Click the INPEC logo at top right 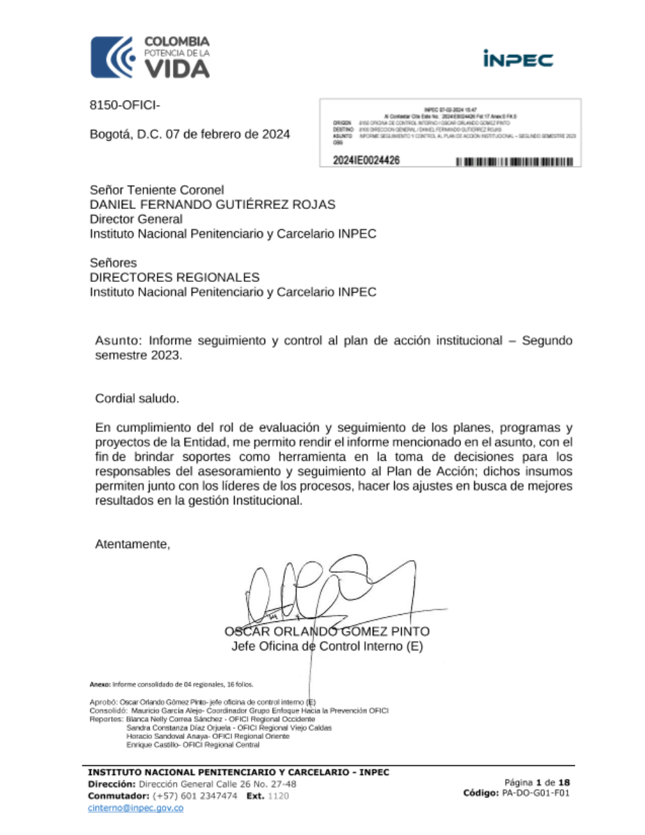pyautogui.click(x=518, y=59)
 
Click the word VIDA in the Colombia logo pyautogui.click(x=176, y=68)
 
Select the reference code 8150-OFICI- pyautogui.click(x=124, y=105)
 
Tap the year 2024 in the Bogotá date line pyautogui.click(x=276, y=134)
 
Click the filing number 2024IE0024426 pyautogui.click(x=366, y=160)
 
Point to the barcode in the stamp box pyautogui.click(x=514, y=161)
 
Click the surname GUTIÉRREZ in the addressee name pyautogui.click(x=250, y=205)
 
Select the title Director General pyautogui.click(x=136, y=219)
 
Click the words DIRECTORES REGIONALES pyautogui.click(x=174, y=277)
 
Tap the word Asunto pyautogui.click(x=117, y=341)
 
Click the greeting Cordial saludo pyautogui.click(x=137, y=399)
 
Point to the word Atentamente pyautogui.click(x=132, y=545)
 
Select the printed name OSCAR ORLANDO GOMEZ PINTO pyautogui.click(x=327, y=632)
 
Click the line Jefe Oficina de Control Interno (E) pyautogui.click(x=327, y=647)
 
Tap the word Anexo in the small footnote pyautogui.click(x=100, y=685)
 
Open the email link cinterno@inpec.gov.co pyautogui.click(x=135, y=809)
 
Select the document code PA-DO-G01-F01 pyautogui.click(x=535, y=794)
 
